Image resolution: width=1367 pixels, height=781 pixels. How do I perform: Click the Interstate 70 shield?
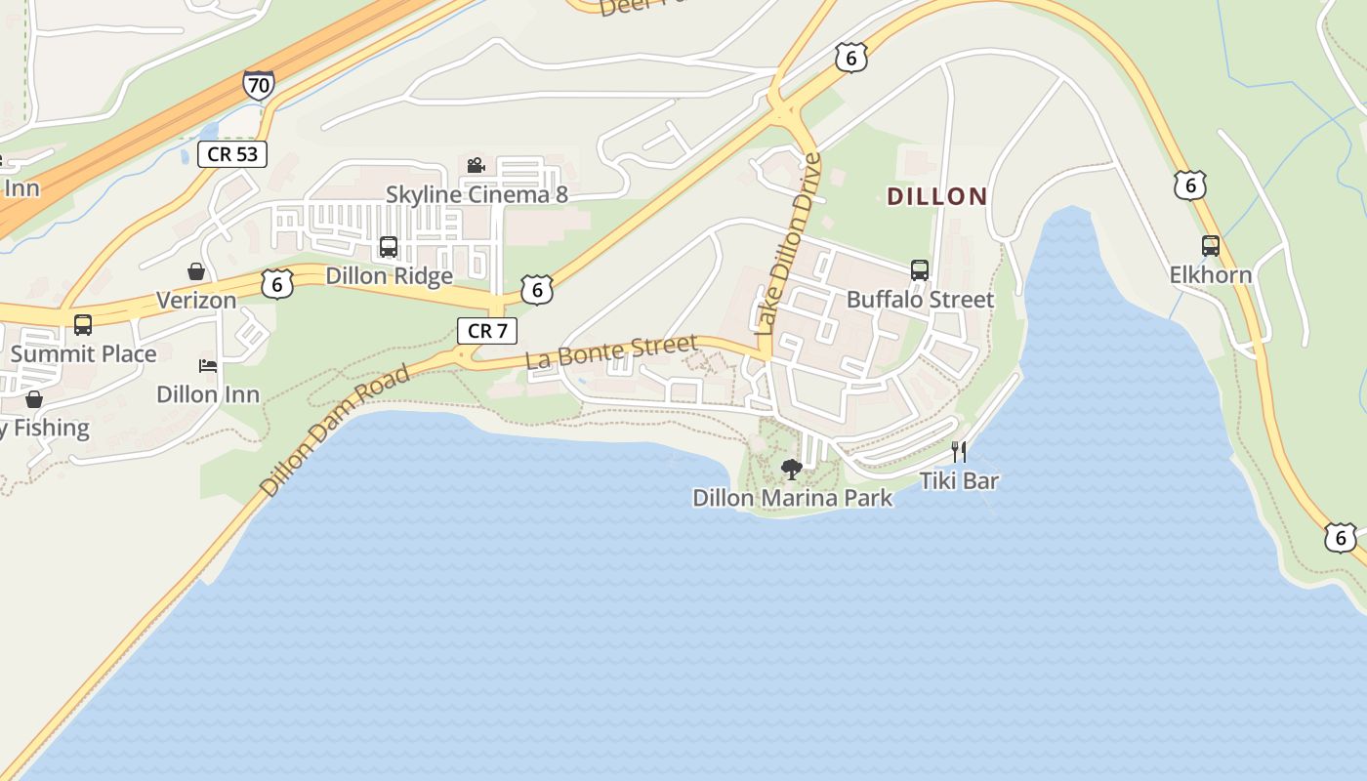[x=258, y=86]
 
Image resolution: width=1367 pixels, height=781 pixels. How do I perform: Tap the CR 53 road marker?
[x=232, y=153]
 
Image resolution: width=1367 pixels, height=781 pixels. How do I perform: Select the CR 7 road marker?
[x=487, y=330]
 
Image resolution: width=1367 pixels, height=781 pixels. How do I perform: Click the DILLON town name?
[x=937, y=196]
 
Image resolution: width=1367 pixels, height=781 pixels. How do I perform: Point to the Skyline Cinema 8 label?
[x=476, y=194]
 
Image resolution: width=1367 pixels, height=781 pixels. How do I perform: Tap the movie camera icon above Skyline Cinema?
[x=476, y=166]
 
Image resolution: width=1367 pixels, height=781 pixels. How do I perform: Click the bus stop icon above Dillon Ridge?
[x=389, y=247]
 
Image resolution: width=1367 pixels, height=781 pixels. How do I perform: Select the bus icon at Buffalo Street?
[x=919, y=270]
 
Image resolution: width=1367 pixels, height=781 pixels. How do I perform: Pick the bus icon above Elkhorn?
[x=1211, y=246]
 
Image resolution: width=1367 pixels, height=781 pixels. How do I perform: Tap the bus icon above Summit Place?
[x=83, y=325]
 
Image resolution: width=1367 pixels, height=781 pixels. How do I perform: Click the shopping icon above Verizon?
[x=196, y=271]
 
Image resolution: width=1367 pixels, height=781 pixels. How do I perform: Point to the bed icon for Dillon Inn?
[x=208, y=366]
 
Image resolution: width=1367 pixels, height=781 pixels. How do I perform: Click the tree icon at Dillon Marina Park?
[x=792, y=470]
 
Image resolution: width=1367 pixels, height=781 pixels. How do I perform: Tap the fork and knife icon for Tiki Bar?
[x=959, y=451]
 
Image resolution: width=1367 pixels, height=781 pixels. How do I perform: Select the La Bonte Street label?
[x=611, y=351]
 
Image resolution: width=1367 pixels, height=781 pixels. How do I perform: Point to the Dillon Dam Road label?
[x=335, y=430]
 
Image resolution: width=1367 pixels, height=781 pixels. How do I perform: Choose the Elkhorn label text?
[x=1211, y=274]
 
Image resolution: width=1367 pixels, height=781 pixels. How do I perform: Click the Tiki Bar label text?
[x=959, y=480]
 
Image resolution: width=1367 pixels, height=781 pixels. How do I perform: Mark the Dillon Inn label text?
[x=208, y=394]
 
